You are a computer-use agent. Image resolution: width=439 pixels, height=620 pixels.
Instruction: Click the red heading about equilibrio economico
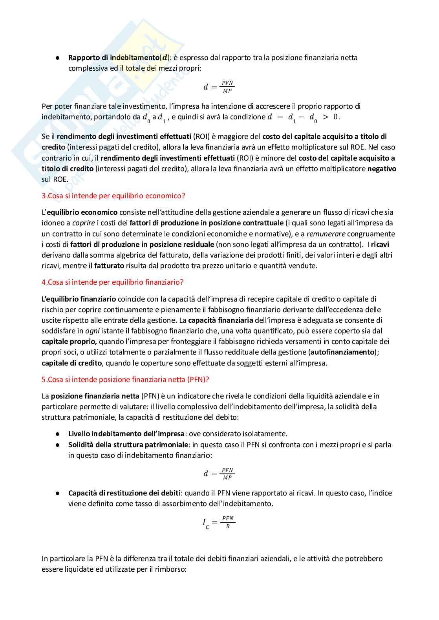click(x=113, y=196)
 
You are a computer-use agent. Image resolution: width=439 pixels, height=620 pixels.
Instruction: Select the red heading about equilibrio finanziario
click(x=112, y=282)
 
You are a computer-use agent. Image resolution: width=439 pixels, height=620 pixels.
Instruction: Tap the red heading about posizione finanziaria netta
click(x=125, y=379)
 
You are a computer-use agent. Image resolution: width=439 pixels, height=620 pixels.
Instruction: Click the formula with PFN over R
click(x=219, y=522)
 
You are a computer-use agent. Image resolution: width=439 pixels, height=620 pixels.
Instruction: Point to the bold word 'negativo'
click(x=382, y=169)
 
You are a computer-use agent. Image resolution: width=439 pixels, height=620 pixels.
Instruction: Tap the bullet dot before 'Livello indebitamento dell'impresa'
click(x=57, y=434)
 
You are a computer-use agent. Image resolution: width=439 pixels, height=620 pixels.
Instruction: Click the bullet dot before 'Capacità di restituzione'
click(x=57, y=493)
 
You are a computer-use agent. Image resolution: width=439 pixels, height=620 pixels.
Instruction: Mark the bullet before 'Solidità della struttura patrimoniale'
click(x=57, y=445)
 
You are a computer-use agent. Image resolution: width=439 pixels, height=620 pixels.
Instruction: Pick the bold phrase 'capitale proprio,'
click(x=69, y=342)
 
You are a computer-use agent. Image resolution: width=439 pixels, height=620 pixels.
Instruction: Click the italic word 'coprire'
click(x=84, y=223)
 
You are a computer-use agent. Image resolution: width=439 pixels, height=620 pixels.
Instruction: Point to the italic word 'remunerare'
click(x=326, y=234)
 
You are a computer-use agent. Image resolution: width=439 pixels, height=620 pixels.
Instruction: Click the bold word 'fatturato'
click(x=109, y=266)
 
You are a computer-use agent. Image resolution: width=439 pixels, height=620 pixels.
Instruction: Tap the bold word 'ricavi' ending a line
click(x=380, y=245)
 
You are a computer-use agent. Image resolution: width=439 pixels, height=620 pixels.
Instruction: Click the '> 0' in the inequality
click(x=331, y=117)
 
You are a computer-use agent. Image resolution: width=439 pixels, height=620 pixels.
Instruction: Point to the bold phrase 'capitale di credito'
click(x=72, y=363)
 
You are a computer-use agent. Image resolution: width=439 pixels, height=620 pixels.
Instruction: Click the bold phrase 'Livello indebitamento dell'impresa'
click(x=126, y=434)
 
